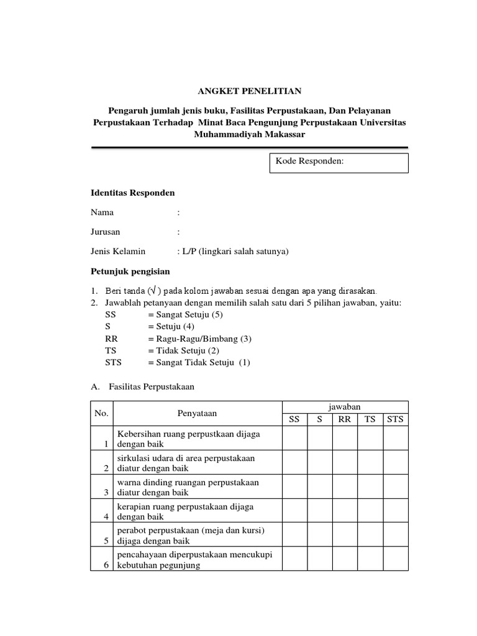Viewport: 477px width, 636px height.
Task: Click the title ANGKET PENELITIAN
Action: [249, 91]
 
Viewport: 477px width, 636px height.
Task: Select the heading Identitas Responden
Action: [133, 193]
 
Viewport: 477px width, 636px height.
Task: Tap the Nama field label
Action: [102, 212]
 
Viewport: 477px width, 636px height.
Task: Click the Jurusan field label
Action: [106, 232]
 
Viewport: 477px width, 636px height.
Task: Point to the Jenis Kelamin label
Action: [118, 251]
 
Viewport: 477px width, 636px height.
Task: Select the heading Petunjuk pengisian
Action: [130, 271]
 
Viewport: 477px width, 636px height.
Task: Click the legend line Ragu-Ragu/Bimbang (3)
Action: [199, 338]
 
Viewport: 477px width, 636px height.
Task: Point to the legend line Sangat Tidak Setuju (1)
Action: [199, 363]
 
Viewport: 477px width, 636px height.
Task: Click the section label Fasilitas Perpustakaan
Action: [152, 386]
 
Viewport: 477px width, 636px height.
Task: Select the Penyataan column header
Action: [197, 413]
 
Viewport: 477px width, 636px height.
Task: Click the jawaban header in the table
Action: [345, 406]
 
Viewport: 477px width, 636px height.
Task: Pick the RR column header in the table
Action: [345, 419]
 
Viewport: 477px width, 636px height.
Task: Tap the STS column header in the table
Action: [395, 419]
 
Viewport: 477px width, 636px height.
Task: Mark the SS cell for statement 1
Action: [294, 437]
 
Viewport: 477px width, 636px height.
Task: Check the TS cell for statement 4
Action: [370, 510]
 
